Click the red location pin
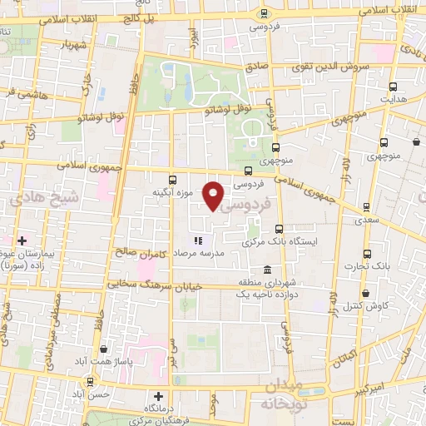(215, 196)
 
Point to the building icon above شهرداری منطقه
(266, 270)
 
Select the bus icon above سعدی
(364, 208)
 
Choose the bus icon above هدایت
(384, 84)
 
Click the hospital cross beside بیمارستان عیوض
(21, 240)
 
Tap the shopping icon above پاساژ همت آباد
(103, 350)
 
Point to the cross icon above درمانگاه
(158, 396)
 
